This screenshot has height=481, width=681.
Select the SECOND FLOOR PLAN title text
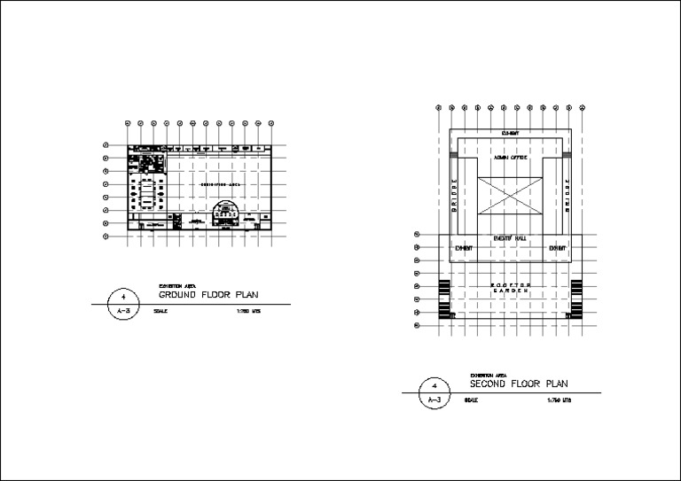point(519,384)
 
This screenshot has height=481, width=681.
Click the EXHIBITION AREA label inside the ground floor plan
point(218,184)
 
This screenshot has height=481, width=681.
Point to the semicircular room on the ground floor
point(228,213)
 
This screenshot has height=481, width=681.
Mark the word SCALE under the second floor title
point(471,401)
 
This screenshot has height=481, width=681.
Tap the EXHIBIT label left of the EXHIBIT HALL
point(463,249)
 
